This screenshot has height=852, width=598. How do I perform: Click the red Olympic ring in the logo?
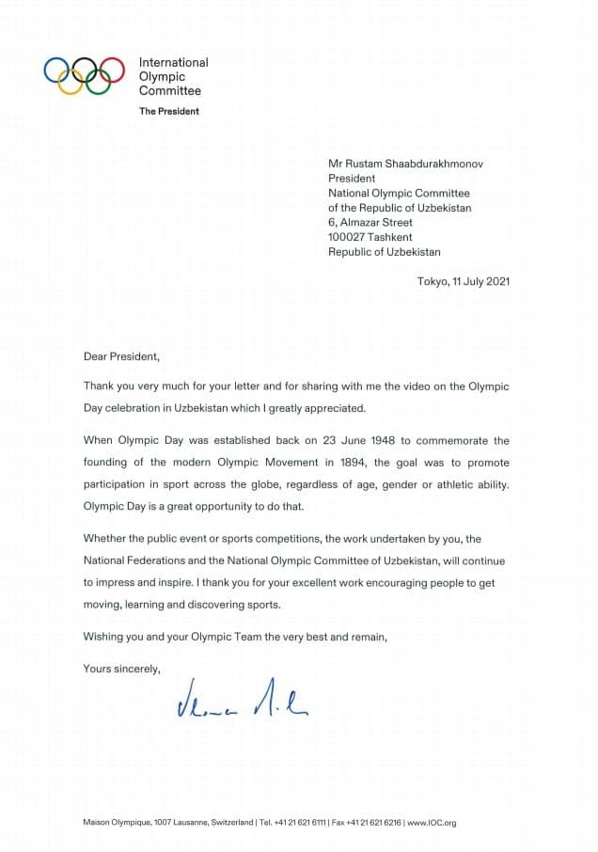pyautogui.click(x=112, y=71)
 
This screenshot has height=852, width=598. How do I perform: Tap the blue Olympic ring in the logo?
pyautogui.click(x=57, y=71)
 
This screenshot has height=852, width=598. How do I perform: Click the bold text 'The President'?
pyautogui.click(x=169, y=111)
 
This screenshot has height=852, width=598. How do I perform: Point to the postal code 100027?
pyautogui.click(x=351, y=237)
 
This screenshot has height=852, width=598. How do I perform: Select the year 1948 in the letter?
pyautogui.click(x=353, y=440)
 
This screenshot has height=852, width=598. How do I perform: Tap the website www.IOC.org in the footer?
pyautogui.click(x=432, y=822)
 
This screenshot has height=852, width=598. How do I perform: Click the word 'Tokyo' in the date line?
pyautogui.click(x=433, y=281)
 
